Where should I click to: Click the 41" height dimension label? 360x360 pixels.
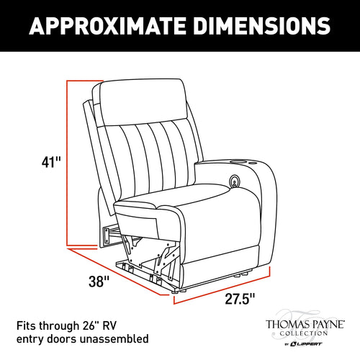(51, 162)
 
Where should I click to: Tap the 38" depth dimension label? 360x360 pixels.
(99, 282)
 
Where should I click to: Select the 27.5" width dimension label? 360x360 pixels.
(240, 299)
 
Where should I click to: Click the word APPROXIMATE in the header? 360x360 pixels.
(107, 26)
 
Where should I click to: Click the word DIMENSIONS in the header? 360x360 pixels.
(262, 26)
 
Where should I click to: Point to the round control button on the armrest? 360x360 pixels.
(234, 181)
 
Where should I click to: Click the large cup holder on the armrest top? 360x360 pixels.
(238, 162)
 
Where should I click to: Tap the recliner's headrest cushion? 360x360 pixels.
(143, 102)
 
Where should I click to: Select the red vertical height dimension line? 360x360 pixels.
(67, 163)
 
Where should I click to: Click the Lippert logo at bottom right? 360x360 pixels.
(305, 344)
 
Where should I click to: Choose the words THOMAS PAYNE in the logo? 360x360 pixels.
(305, 324)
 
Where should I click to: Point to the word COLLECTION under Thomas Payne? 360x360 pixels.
(304, 333)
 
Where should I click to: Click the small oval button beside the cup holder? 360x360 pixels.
(252, 163)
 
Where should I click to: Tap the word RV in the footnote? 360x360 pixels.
(109, 325)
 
